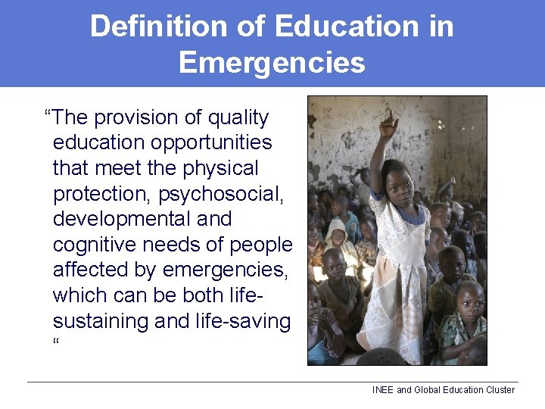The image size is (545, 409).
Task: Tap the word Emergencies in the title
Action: click(x=272, y=62)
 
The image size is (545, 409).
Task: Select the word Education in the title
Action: click(x=346, y=27)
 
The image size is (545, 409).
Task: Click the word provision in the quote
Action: click(x=135, y=118)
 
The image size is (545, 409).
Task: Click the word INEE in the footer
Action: click(x=383, y=390)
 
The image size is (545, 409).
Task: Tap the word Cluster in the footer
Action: click(x=500, y=390)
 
